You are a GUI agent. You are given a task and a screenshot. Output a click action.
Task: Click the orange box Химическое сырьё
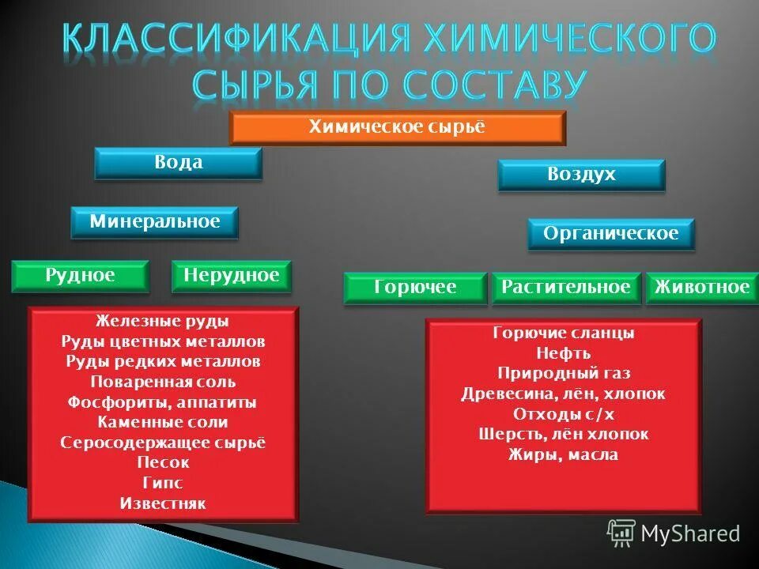click(397, 128)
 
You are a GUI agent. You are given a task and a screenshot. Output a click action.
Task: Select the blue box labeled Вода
click(178, 163)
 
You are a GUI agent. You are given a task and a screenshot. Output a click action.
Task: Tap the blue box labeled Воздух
click(581, 175)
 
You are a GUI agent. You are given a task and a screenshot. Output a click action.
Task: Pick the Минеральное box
click(154, 222)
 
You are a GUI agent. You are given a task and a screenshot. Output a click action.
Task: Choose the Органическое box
click(610, 234)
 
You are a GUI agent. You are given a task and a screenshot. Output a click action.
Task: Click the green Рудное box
click(81, 276)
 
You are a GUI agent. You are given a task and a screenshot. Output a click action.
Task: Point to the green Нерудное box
click(231, 276)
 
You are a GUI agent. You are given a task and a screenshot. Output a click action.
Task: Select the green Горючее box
click(415, 288)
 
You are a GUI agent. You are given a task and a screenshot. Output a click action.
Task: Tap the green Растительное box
click(566, 288)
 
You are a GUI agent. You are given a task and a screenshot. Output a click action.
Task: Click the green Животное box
click(700, 288)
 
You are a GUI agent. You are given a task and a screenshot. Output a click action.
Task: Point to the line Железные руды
click(163, 322)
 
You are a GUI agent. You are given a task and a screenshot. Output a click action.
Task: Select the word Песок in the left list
click(163, 462)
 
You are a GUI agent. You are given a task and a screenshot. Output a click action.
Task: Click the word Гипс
click(163, 483)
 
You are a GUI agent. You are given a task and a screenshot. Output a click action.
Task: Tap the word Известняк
click(163, 503)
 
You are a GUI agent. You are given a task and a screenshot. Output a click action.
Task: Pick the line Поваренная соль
click(163, 382)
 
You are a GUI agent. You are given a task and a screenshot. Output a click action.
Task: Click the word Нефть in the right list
click(563, 353)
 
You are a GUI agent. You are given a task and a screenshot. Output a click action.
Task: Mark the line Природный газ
click(563, 373)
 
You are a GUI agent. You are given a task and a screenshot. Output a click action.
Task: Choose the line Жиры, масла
click(563, 454)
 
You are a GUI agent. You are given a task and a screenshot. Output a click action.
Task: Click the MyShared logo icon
click(621, 533)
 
